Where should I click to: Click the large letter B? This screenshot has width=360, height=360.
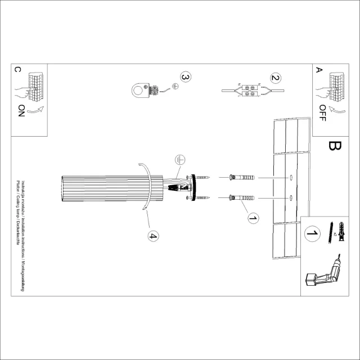click(x=334, y=147)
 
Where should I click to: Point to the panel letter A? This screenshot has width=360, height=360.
click(x=318, y=70)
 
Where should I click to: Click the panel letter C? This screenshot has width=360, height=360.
click(x=17, y=70)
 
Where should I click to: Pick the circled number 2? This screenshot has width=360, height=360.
click(x=275, y=78)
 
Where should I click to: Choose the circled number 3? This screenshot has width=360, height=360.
click(x=186, y=78)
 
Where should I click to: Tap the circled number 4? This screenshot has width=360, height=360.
click(x=152, y=236)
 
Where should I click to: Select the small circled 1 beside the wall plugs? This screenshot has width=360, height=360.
click(x=253, y=217)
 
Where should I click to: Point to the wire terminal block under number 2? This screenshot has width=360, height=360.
click(x=249, y=91)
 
